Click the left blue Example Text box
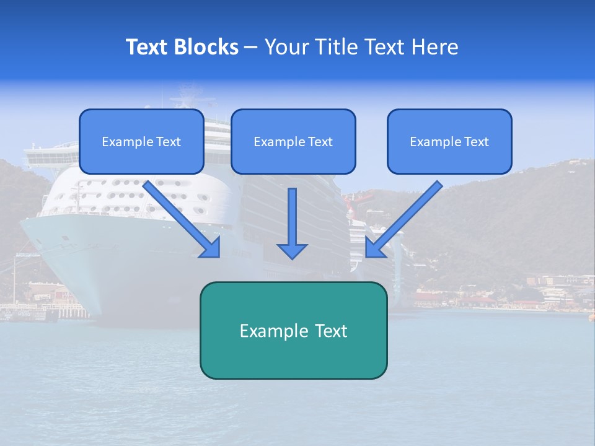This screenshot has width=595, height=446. (x=141, y=141)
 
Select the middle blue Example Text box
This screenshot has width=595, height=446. (x=293, y=141)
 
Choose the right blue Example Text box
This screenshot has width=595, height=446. (x=449, y=141)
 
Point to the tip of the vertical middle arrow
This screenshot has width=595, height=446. (x=292, y=256)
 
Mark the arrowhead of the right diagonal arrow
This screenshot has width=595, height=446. (x=374, y=248)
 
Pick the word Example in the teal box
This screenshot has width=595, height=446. (x=270, y=331)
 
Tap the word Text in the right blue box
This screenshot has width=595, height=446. (x=476, y=142)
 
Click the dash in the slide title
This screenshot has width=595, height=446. (x=251, y=48)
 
